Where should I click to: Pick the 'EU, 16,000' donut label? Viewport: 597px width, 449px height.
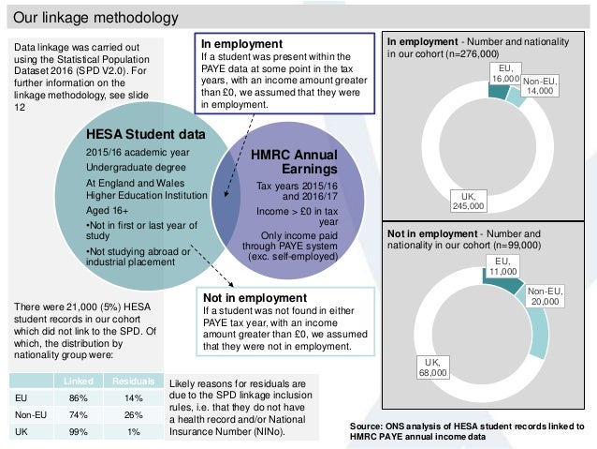tap(505, 75)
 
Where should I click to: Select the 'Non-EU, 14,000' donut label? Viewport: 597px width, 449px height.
tap(538, 87)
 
